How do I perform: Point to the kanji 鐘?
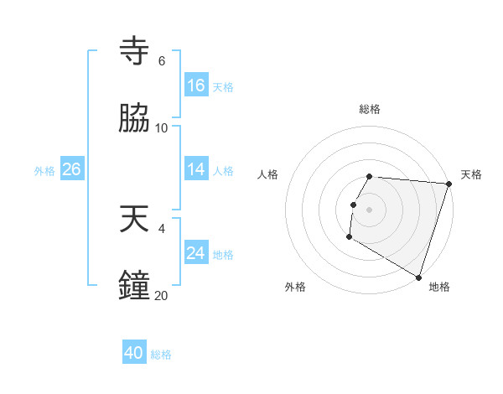tap(135, 286)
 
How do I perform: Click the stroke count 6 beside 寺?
tap(161, 61)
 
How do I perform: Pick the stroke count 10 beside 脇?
tap(162, 127)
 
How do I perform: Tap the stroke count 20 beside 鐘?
tap(162, 295)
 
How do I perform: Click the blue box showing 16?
tap(196, 86)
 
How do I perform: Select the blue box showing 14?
tap(196, 169)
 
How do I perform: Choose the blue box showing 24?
tap(196, 252)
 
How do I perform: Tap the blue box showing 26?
tap(71, 169)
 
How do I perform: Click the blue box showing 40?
tap(134, 353)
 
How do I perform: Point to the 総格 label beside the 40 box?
tap(161, 355)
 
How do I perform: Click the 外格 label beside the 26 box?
tap(44, 171)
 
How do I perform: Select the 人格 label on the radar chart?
tap(268, 174)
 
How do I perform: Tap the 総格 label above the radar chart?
tap(370, 109)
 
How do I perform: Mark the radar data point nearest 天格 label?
tap(449, 184)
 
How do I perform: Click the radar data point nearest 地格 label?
tap(417, 277)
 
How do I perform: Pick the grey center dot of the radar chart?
tap(369, 210)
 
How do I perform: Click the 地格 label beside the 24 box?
tap(223, 255)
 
